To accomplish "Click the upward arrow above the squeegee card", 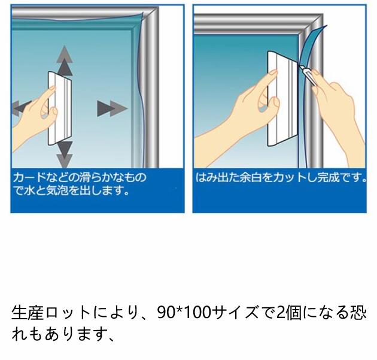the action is click(65, 60).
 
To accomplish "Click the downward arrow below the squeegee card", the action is click(65, 154).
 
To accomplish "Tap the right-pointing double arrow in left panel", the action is click(112, 108).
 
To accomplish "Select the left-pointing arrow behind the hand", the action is click(22, 108).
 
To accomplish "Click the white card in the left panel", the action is click(60, 108).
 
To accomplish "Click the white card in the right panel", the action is click(282, 99).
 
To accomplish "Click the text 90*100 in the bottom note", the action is click(184, 312).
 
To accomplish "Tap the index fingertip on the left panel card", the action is click(53, 89).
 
